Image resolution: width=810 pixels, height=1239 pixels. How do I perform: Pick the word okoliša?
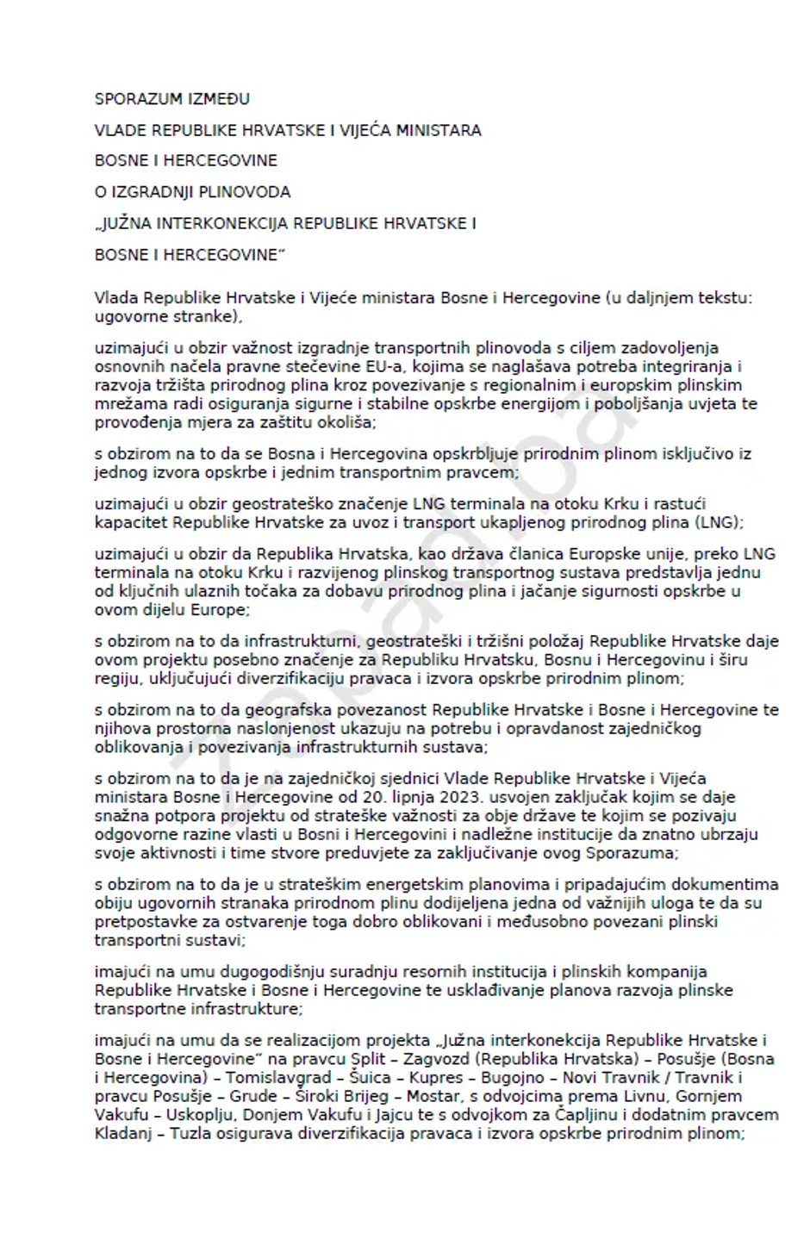[x=346, y=423]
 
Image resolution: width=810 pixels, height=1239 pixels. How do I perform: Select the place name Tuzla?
[x=193, y=1134]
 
